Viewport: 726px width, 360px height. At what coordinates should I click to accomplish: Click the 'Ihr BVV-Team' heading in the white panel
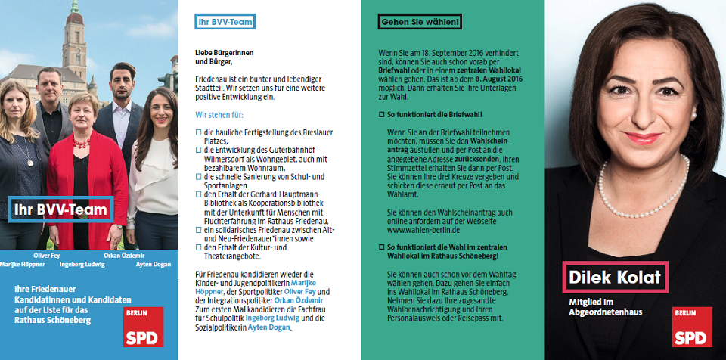(224, 22)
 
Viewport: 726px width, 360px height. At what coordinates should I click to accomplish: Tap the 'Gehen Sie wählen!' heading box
(420, 22)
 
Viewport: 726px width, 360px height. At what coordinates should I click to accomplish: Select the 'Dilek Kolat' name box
(616, 276)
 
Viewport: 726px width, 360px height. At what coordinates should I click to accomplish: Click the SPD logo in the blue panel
(143, 327)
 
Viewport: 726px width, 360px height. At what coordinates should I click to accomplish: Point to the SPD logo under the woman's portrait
(692, 327)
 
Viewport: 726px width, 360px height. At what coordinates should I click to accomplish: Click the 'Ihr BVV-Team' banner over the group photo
(60, 209)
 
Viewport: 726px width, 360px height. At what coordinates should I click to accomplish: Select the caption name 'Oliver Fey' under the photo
(48, 256)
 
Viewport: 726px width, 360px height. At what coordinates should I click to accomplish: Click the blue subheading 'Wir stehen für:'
(219, 115)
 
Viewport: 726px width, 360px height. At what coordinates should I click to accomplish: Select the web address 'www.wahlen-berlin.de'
(424, 228)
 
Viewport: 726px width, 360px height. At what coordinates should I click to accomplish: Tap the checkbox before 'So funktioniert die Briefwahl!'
(381, 113)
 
